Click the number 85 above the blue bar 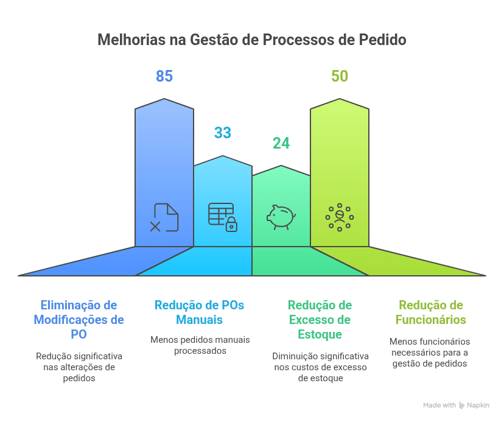click(x=164, y=76)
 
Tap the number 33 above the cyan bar click(x=223, y=133)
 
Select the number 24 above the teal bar click(x=281, y=143)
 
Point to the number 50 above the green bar click(x=340, y=76)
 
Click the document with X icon click(x=164, y=217)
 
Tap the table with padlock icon click(x=223, y=217)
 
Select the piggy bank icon click(x=281, y=217)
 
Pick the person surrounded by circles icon click(x=340, y=217)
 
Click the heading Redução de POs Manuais click(x=199, y=312)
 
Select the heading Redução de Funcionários click(x=431, y=312)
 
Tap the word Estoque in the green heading click(x=320, y=334)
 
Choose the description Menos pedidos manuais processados click(x=200, y=345)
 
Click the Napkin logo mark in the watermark click(x=461, y=406)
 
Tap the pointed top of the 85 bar click(x=164, y=99)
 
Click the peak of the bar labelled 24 click(x=281, y=166)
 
